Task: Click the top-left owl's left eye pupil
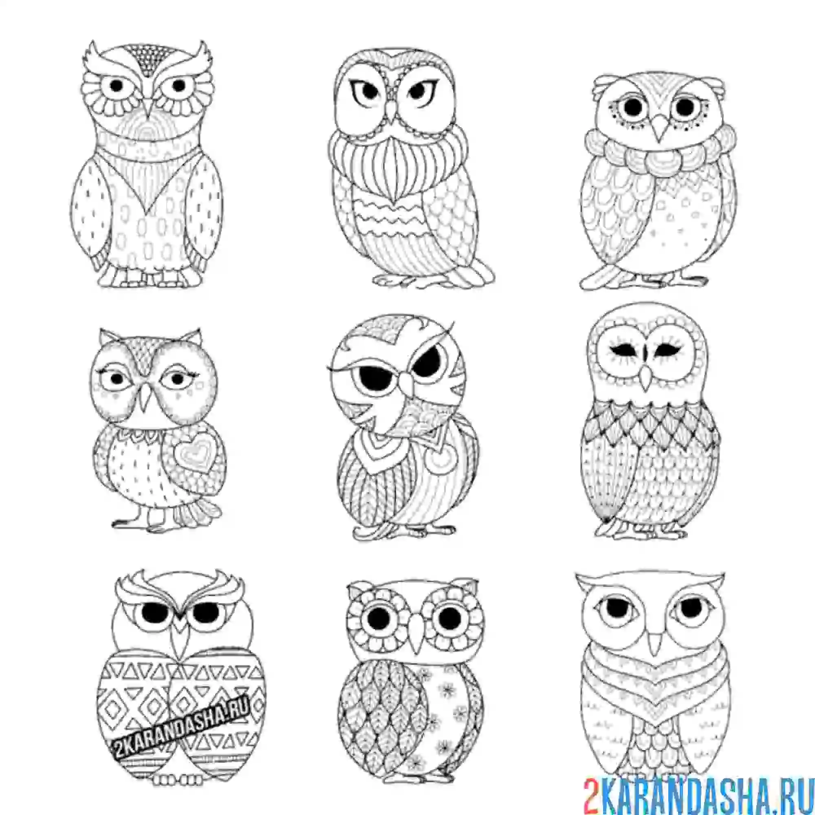point(117,86)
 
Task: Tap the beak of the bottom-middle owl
point(417,637)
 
